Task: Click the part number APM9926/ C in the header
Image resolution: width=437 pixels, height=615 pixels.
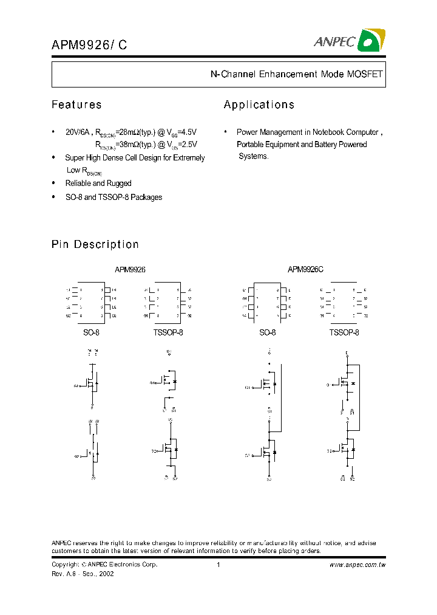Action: pyautogui.click(x=89, y=44)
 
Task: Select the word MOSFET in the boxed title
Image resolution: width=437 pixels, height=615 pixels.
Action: pyautogui.click(x=364, y=74)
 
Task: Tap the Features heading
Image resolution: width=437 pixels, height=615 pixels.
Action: pyautogui.click(x=76, y=105)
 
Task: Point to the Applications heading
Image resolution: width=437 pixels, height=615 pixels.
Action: pyautogui.click(x=259, y=105)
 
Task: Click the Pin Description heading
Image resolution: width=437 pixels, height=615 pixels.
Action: pyautogui.click(x=95, y=244)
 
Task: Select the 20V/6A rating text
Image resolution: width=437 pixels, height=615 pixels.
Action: pyautogui.click(x=77, y=132)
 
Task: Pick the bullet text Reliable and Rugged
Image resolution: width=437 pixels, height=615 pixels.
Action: pyautogui.click(x=98, y=183)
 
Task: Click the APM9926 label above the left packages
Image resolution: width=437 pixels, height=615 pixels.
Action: pyautogui.click(x=130, y=269)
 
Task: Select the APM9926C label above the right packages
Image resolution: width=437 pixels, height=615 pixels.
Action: pyautogui.click(x=305, y=269)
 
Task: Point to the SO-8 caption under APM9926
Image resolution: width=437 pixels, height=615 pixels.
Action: pyautogui.click(x=91, y=333)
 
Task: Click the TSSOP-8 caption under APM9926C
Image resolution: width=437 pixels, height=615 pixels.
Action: pyautogui.click(x=344, y=333)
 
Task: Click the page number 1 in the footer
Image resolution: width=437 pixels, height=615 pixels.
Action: pyautogui.click(x=217, y=565)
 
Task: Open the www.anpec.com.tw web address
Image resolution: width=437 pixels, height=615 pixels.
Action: pyautogui.click(x=357, y=565)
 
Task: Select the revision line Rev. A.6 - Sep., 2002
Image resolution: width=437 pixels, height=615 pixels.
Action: pyautogui.click(x=83, y=574)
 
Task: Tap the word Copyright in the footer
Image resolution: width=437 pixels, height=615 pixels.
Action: pyautogui.click(x=66, y=565)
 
